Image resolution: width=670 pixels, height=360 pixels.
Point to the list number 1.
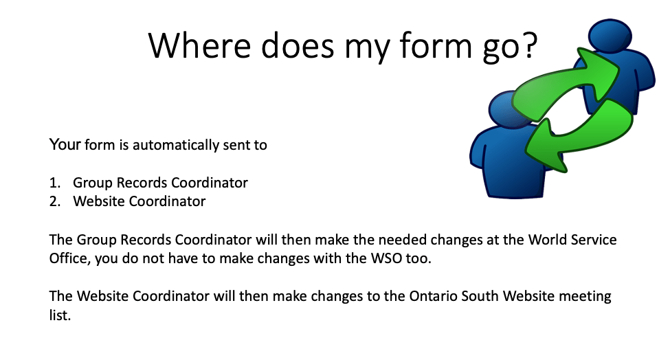point(54,183)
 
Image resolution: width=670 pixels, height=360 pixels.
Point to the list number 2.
point(55,201)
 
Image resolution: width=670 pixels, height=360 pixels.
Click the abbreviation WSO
point(386,258)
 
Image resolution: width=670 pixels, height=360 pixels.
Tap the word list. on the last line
point(60,315)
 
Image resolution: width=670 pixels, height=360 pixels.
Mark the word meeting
point(585,297)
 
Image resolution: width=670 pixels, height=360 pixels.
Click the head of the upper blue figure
point(610,36)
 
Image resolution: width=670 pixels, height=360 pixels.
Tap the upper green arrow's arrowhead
point(599,71)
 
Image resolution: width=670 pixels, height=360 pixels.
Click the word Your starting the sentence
point(65,145)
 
